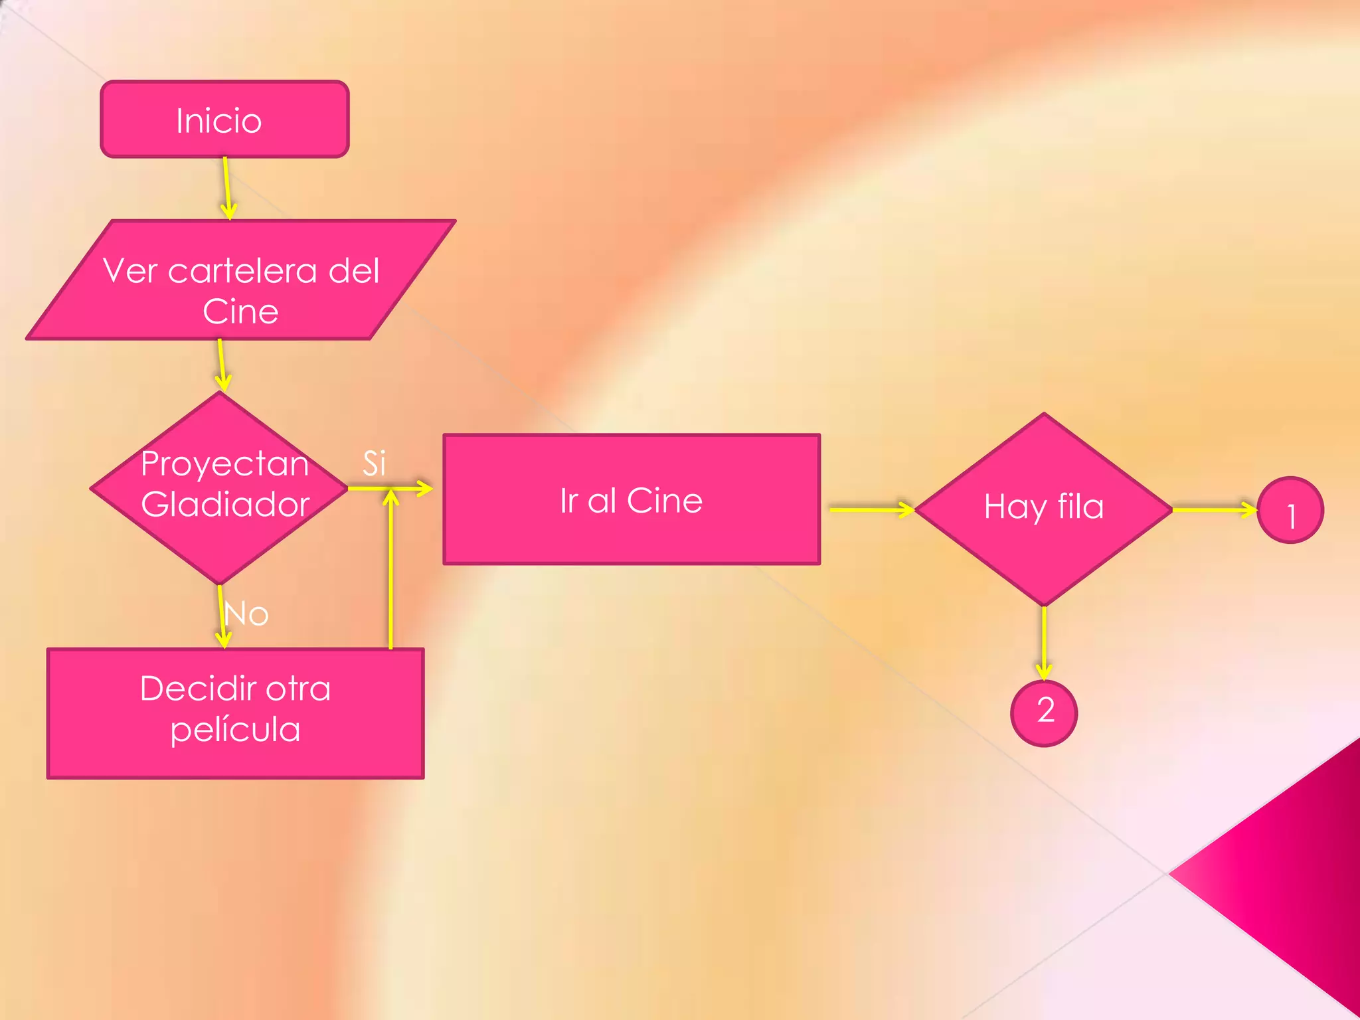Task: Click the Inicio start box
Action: click(224, 120)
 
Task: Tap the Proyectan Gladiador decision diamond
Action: click(219, 488)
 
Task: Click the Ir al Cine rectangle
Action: click(631, 499)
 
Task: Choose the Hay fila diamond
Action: click(1043, 509)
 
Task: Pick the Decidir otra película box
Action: click(235, 713)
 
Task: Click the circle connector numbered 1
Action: click(1290, 510)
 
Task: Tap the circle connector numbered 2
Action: click(1044, 713)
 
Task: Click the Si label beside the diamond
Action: click(374, 463)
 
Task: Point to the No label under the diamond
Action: click(247, 614)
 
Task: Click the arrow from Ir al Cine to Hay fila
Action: click(872, 509)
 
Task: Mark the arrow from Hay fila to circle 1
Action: click(1214, 509)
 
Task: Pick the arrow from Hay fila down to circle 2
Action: click(1044, 642)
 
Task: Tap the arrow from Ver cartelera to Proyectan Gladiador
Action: click(222, 365)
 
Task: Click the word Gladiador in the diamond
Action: click(225, 504)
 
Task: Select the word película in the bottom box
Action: click(235, 730)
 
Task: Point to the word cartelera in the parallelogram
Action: click(242, 271)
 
